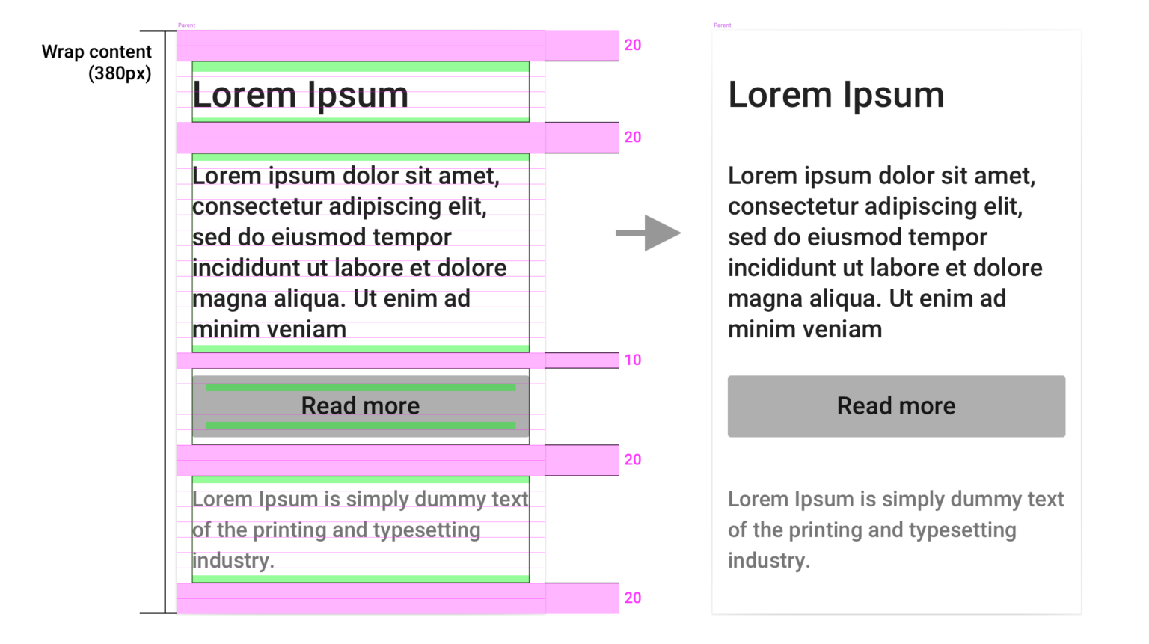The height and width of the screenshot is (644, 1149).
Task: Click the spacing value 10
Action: pos(632,360)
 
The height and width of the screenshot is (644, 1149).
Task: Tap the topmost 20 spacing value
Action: pos(632,45)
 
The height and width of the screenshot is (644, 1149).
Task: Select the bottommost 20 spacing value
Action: pos(632,598)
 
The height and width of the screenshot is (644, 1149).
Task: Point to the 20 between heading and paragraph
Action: pos(632,138)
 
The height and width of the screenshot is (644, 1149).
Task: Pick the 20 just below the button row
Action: pos(632,459)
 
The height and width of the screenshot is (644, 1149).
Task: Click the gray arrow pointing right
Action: pos(649,233)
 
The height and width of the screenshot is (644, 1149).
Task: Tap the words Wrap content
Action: pos(96,52)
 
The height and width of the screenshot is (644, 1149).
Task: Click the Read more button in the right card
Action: pos(896,406)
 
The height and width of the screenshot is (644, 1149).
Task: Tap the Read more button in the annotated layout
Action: pos(361,406)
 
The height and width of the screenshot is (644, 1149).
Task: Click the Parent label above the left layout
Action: pos(187,25)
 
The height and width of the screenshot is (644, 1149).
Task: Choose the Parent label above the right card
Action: pos(722,25)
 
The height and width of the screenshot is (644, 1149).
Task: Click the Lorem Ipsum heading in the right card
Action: pos(836,96)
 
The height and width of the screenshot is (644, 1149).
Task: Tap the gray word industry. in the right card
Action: pos(769,560)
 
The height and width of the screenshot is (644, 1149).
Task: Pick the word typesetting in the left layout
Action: pos(427,530)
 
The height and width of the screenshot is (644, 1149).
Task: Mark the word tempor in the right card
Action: pos(948,237)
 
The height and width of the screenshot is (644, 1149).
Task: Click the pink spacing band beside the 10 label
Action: pos(397,361)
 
